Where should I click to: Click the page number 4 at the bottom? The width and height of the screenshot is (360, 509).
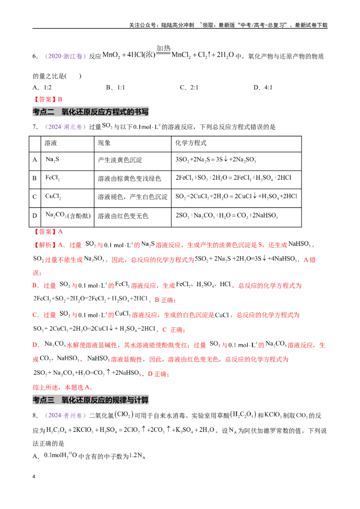34,477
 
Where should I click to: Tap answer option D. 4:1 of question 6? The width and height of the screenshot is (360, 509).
263,87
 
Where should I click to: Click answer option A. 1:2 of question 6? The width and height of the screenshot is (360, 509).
42,87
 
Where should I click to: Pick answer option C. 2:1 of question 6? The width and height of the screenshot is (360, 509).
189,87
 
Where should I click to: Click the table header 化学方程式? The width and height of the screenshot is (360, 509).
191,143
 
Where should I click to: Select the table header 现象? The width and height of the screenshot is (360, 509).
104,143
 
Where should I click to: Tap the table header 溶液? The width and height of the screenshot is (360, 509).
51,143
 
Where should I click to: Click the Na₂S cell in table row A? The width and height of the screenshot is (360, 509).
52,159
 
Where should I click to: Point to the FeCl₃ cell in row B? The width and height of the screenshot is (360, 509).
52,178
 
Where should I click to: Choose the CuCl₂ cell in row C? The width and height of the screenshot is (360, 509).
53,196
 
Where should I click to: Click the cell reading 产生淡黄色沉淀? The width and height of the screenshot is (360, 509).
120,160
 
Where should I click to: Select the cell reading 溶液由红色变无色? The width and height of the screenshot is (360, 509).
123,216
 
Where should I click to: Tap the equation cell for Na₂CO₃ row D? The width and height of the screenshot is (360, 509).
227,215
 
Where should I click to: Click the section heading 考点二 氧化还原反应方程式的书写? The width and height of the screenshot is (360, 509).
90,112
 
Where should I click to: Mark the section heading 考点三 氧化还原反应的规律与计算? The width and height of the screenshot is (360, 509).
90,400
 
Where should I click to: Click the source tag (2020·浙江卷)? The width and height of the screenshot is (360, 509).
65,56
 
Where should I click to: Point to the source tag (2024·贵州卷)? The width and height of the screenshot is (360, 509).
65,415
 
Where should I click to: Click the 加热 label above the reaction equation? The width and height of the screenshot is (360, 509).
163,49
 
